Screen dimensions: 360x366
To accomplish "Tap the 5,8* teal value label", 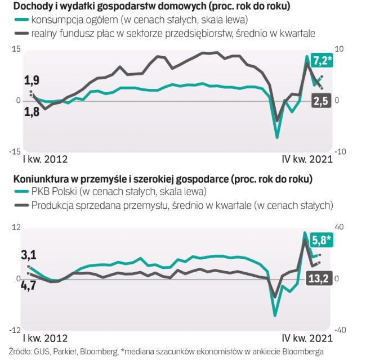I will [321, 240].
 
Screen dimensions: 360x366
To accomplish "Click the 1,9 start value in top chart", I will [32, 80].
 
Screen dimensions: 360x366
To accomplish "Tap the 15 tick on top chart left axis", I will [16, 49].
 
